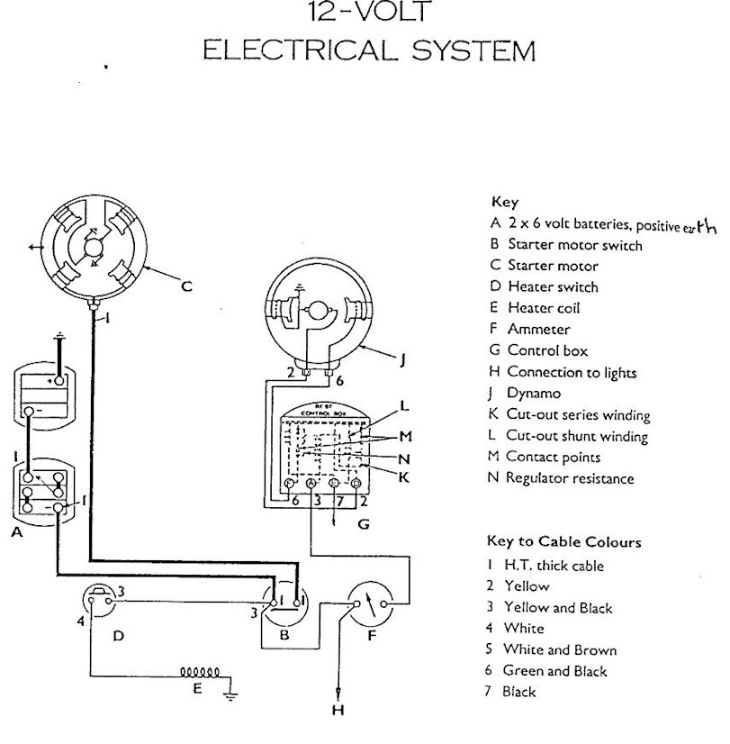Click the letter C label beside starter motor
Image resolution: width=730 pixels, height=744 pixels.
click(x=187, y=287)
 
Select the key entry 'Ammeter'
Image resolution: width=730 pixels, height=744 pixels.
click(x=537, y=330)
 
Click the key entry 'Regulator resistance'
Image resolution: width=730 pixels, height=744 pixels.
click(x=570, y=478)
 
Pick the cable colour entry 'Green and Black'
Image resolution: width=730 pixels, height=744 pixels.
click(x=554, y=670)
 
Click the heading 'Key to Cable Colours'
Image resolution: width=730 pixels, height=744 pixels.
click(x=563, y=541)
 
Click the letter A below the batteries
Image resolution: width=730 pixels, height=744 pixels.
click(x=16, y=532)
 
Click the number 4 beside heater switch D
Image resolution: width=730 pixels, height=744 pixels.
click(x=79, y=621)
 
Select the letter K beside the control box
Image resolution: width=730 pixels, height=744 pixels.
click(x=404, y=476)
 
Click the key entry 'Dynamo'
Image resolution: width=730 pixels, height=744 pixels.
click(x=534, y=394)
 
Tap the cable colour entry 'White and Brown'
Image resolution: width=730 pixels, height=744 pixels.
click(x=559, y=649)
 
